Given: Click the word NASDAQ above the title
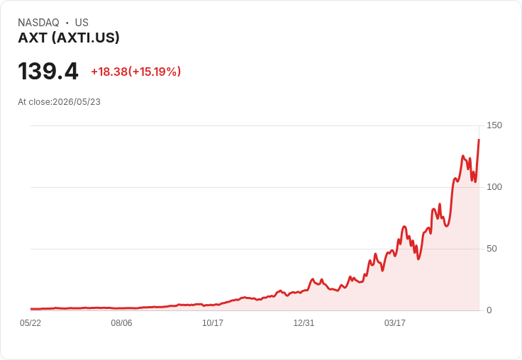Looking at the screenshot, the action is [x=38, y=23].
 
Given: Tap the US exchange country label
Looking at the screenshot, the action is [x=82, y=23].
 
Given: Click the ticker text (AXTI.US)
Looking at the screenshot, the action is [x=86, y=38].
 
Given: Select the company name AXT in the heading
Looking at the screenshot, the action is [x=33, y=38].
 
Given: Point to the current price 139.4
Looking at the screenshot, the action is [x=48, y=71].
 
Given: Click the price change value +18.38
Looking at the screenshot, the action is [x=109, y=72].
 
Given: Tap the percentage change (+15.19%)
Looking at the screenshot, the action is [x=155, y=72].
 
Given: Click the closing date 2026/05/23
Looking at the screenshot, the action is [x=77, y=102].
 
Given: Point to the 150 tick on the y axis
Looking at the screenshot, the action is [x=494, y=125].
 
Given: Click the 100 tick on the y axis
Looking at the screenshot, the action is [x=494, y=187].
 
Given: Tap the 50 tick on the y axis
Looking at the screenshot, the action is [x=492, y=249].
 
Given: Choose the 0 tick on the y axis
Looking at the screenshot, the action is [x=489, y=310].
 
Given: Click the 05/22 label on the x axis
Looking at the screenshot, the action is [x=30, y=322].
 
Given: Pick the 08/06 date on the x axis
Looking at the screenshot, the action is [x=121, y=322].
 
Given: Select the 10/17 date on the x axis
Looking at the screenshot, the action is [x=213, y=322].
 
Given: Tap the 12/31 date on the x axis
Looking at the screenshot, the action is [x=304, y=322].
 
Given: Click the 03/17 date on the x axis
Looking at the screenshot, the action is [x=395, y=322].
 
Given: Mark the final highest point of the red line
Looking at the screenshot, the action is [x=479, y=140].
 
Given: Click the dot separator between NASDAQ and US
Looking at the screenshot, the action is [x=67, y=23].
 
